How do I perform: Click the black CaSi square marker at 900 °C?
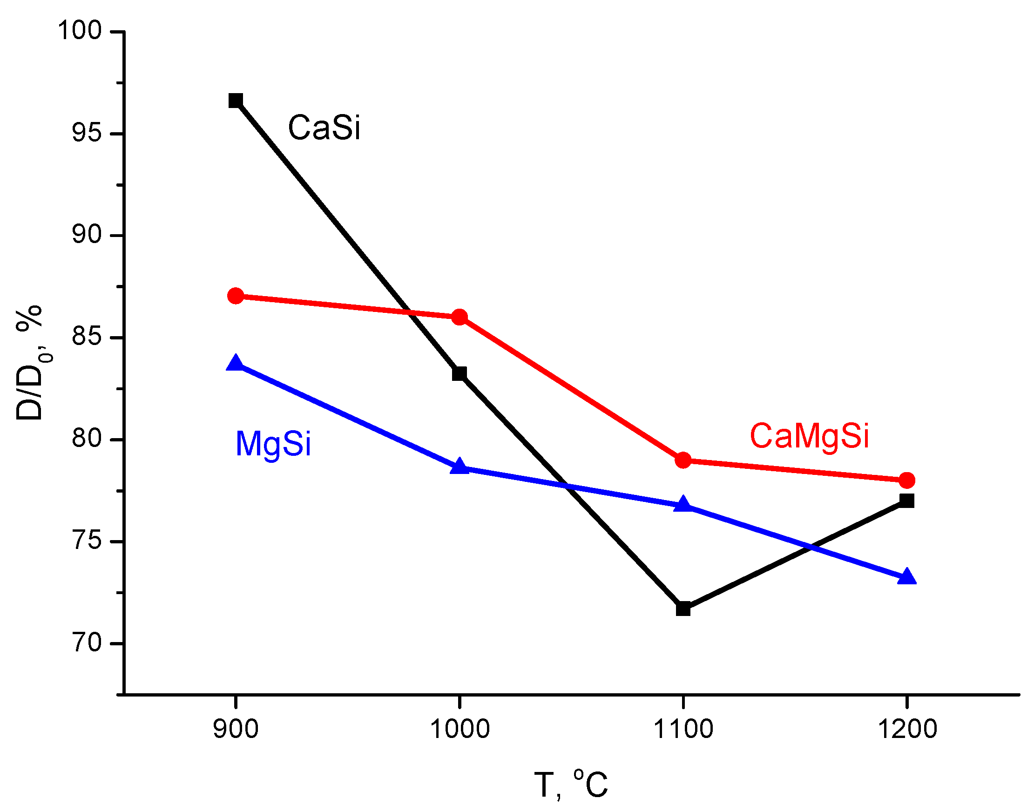pos(236,100)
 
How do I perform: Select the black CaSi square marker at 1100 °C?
pos(683,609)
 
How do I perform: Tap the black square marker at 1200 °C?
pos(907,501)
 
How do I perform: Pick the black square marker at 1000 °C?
pos(459,374)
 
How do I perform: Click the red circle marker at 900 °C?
pos(236,296)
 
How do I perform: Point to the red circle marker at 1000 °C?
pos(459,317)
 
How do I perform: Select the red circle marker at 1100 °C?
pos(683,460)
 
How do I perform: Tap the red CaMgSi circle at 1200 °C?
pos(907,480)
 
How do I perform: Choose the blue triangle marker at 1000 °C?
pos(459,467)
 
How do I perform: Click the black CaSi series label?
pos(324,128)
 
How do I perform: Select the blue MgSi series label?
pos(273,445)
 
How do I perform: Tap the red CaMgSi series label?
pos(809,436)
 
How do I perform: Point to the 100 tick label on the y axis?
pos(80,30)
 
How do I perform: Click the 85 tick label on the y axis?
pos(87,337)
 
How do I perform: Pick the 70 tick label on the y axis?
pos(87,643)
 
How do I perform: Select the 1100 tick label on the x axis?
pos(683,729)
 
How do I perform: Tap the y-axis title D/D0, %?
pos(29,363)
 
